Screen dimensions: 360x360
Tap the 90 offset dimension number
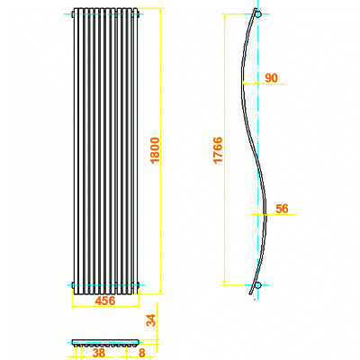271,78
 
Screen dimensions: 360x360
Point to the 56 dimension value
282,208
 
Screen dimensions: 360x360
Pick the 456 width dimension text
105,301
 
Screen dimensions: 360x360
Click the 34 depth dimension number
151,319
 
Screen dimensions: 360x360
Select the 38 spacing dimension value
99,354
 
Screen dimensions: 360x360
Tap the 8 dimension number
141,354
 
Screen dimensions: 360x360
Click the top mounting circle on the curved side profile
258,15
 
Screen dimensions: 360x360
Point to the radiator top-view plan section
105,343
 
